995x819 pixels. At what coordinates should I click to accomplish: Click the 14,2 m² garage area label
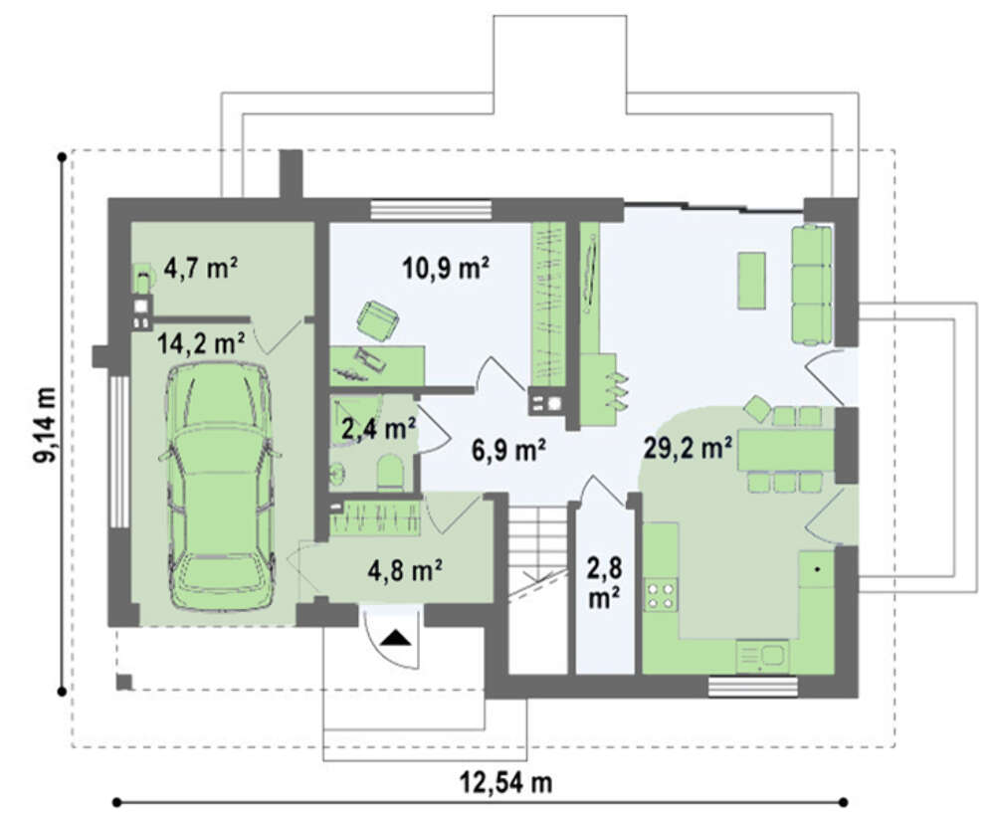point(202,344)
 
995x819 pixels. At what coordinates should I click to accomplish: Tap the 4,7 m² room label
point(201,268)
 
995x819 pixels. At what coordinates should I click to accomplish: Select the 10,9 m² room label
point(446,269)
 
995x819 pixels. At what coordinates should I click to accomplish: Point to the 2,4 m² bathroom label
point(379,429)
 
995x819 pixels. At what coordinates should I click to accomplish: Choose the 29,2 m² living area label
point(688,448)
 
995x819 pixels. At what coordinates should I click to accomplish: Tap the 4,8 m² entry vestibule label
point(405,570)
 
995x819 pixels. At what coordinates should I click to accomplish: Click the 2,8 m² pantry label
point(604,583)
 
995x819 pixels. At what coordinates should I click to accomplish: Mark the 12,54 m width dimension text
point(505,782)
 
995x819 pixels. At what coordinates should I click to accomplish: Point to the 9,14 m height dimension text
point(46,424)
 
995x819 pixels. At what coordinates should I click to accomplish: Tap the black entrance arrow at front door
point(395,637)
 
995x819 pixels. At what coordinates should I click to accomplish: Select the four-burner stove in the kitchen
point(661,595)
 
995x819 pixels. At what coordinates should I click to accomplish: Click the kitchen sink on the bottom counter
point(762,657)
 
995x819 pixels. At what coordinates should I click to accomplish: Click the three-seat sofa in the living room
point(812,285)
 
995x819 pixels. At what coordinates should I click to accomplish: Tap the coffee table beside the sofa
point(751,280)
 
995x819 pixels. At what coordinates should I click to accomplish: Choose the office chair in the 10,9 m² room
point(378,320)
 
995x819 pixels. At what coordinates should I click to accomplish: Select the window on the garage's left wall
point(118,452)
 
